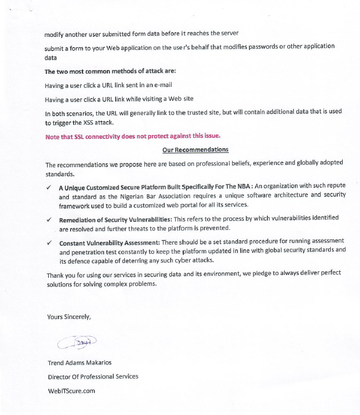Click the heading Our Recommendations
195,150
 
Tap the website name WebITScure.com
72,391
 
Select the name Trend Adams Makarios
80,362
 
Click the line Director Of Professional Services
93,376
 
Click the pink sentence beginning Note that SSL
133,136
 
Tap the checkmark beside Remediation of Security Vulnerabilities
49,220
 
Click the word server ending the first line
229,34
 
